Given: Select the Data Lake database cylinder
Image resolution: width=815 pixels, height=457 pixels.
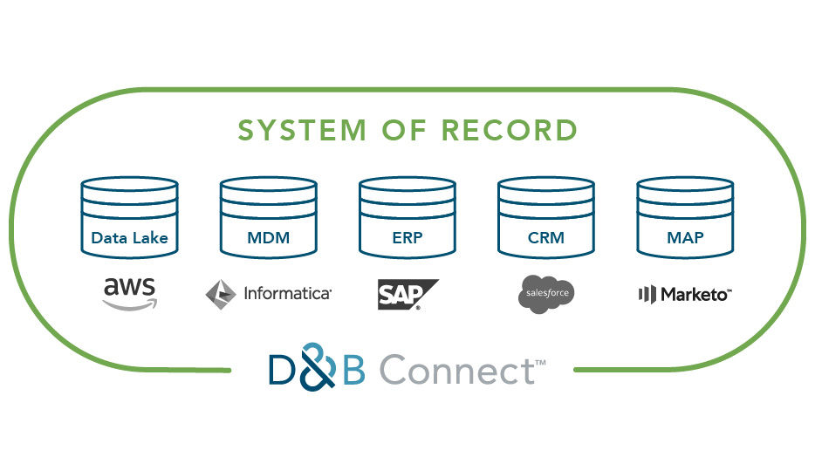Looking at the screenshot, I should (129, 217).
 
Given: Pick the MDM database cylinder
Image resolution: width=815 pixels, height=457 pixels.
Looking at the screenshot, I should (268, 217).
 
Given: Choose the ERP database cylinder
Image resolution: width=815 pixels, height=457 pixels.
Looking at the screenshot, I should (407, 217).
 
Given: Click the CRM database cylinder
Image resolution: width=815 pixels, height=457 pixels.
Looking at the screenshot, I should (545, 217).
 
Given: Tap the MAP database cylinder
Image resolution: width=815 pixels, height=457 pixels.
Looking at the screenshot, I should (685, 217).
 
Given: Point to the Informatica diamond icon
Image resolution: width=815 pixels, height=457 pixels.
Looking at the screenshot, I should (220, 294).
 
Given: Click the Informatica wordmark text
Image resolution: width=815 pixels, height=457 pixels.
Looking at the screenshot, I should (287, 294).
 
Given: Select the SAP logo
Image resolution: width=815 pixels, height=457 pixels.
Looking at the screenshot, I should (406, 294).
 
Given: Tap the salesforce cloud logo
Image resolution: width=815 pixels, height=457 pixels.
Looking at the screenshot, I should (546, 293).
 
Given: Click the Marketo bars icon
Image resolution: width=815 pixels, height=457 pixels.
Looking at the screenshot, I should (647, 294).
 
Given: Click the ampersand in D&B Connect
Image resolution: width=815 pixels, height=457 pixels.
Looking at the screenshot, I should (321, 370).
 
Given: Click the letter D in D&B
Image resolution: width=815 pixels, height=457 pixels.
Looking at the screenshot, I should (286, 371).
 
